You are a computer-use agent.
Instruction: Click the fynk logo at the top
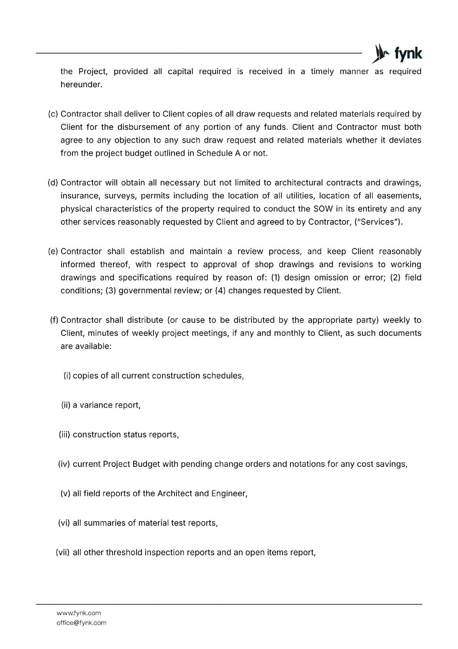point(396,54)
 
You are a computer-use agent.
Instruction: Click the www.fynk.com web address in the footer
point(79,613)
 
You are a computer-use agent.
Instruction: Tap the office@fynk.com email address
point(81,623)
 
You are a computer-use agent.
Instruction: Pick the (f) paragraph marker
point(54,320)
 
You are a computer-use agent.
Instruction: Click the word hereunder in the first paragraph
point(81,85)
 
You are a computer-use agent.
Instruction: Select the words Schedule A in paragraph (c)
point(218,153)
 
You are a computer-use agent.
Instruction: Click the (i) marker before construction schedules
point(67,376)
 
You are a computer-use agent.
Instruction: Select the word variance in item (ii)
point(96,405)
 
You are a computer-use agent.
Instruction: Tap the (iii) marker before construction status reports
point(65,434)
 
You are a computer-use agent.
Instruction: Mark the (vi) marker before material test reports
point(64,523)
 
